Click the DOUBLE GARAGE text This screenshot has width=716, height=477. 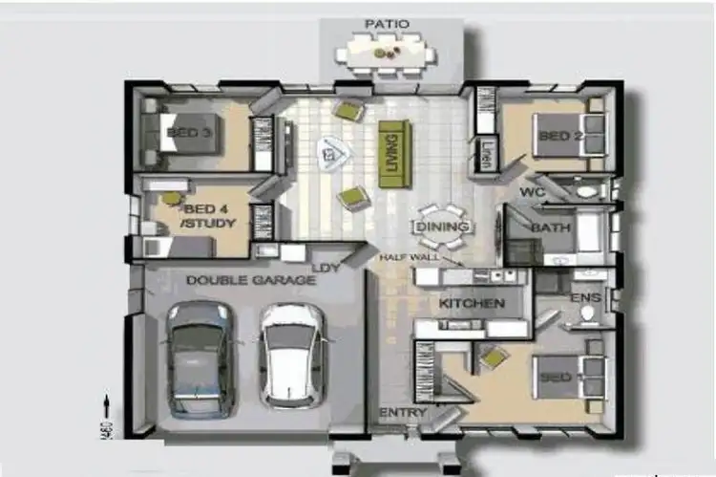tap(250, 280)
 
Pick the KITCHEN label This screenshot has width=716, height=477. tap(471, 304)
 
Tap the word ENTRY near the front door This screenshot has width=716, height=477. tap(403, 412)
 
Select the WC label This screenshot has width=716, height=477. tap(532, 191)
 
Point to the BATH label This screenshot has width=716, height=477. tap(551, 228)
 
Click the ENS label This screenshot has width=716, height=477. tap(585, 298)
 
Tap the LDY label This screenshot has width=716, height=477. tap(327, 268)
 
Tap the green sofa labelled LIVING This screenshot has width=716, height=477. tap(390, 153)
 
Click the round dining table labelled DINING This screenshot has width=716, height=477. tap(442, 227)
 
